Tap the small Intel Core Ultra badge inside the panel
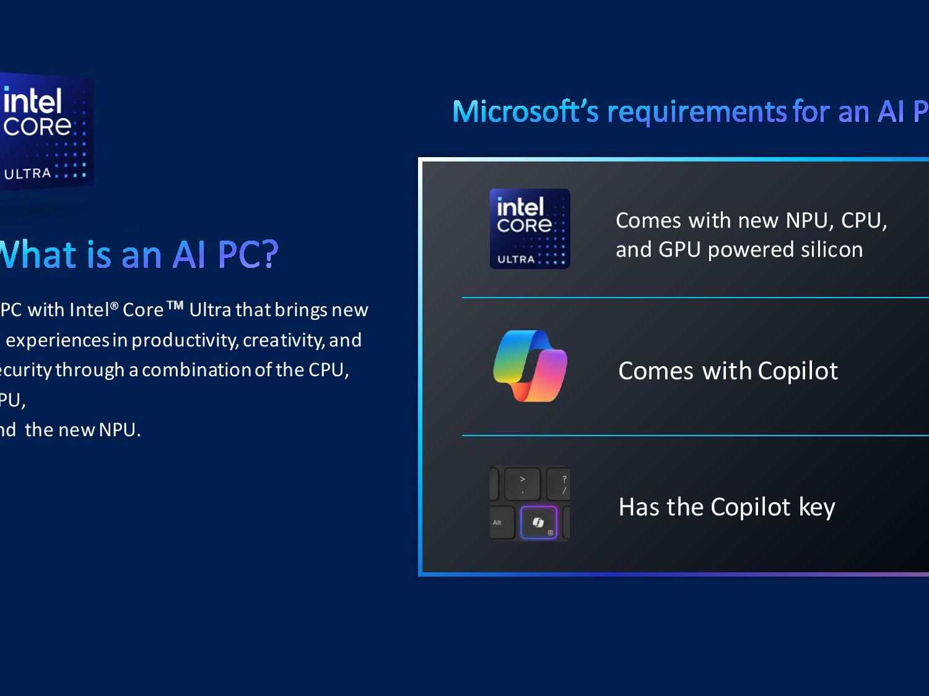tap(530, 229)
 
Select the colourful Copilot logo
tap(530, 366)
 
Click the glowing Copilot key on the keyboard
tap(538, 523)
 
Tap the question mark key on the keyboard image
tap(564, 484)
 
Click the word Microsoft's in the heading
tap(525, 112)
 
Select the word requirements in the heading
tap(697, 112)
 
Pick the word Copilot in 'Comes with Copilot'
tap(797, 371)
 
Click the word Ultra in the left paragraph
tap(210, 310)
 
